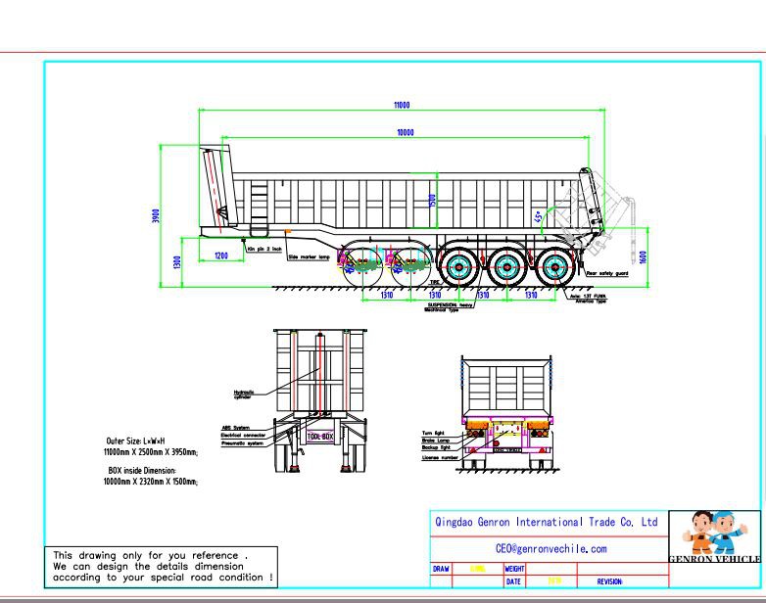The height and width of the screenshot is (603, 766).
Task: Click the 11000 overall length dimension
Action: coord(402,105)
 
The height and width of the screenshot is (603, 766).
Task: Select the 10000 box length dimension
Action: coord(405,132)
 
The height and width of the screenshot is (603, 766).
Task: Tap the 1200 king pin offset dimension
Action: coord(221,255)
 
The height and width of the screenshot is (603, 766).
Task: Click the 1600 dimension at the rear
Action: coord(643,256)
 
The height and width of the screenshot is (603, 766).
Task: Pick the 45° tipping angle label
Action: coord(537,216)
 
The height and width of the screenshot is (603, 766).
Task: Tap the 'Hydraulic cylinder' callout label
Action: coord(244,394)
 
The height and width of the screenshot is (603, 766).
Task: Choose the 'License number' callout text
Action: coord(440,457)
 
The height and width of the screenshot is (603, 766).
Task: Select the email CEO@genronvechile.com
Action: coord(551,549)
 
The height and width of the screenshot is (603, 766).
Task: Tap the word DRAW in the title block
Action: coord(442,569)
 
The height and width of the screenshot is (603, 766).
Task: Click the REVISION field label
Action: coord(609,582)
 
